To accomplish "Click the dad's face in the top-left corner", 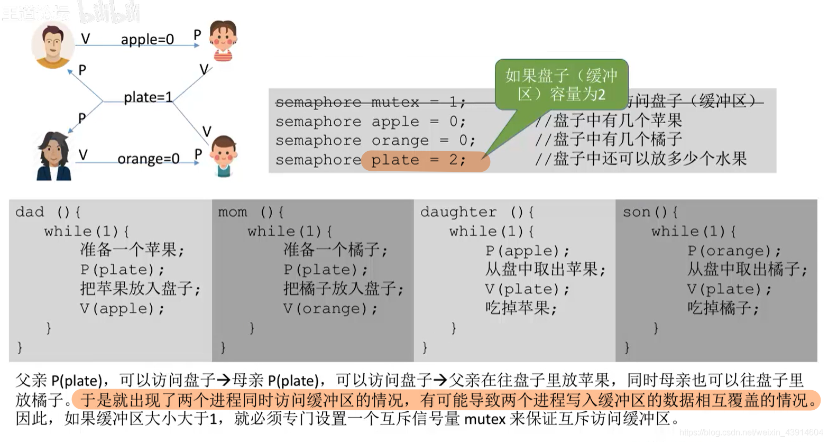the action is (52, 44).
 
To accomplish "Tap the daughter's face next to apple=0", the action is (223, 40).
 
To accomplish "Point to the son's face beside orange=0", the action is (223, 155).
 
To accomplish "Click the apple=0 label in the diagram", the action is (147, 40).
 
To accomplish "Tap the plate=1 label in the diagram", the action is (148, 97).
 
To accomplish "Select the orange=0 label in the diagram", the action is (148, 159).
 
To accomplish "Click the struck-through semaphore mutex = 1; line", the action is (370, 102).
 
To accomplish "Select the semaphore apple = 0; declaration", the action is (370, 122).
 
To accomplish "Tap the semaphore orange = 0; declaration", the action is (375, 141).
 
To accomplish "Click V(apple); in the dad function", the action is (122, 308).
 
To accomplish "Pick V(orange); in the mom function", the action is (330, 308).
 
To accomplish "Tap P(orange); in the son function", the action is (734, 251).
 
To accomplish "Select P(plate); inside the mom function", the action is (325, 270).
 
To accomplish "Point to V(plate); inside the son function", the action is (729, 289).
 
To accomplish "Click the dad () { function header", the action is (48, 213).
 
